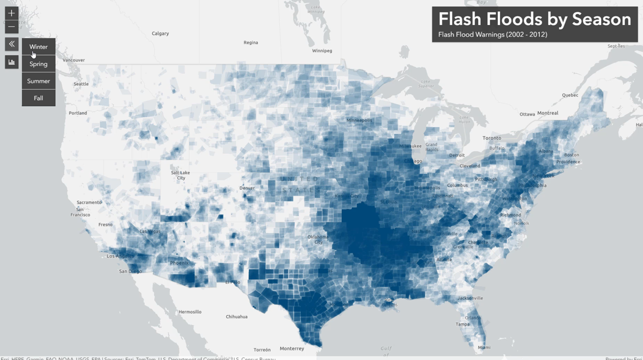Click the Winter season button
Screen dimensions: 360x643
click(x=38, y=47)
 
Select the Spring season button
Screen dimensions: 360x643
click(x=38, y=64)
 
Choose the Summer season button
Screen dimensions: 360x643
click(x=38, y=81)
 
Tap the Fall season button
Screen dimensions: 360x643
click(x=38, y=98)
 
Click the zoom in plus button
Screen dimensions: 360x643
click(x=11, y=13)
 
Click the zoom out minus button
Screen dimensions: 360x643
click(x=11, y=26)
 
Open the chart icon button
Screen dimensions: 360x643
click(x=11, y=62)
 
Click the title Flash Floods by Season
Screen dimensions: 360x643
click(x=534, y=19)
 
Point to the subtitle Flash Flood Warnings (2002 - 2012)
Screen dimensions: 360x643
click(x=492, y=34)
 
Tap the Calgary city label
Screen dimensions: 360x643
click(x=160, y=33)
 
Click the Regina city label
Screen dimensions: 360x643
click(x=250, y=42)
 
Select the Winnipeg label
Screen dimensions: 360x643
click(x=322, y=51)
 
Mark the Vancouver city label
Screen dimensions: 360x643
click(x=74, y=60)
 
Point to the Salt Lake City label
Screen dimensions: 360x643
click(x=181, y=175)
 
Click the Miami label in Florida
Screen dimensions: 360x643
click(x=483, y=347)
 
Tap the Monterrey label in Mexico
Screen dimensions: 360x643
click(x=291, y=348)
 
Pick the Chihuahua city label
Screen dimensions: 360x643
click(x=236, y=316)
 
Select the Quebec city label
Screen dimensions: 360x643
click(x=569, y=95)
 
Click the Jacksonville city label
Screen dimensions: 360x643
click(x=470, y=298)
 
